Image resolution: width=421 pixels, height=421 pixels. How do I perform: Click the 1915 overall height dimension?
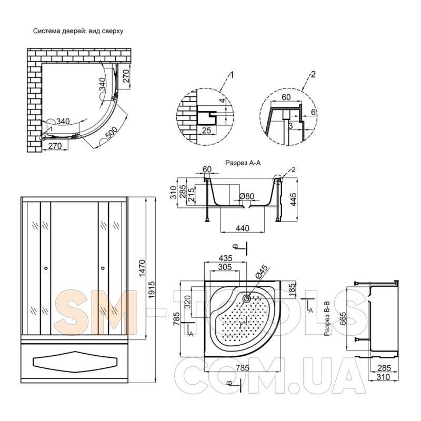[x=152, y=290]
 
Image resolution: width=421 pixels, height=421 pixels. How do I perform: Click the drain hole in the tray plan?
[x=246, y=298]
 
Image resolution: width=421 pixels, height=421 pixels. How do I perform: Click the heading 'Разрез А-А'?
[x=243, y=163]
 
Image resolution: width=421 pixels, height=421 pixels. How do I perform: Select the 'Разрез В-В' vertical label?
[x=327, y=319]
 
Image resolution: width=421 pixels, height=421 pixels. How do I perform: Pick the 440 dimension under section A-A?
[x=243, y=228]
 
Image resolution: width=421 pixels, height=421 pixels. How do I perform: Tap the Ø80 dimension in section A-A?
[x=246, y=196]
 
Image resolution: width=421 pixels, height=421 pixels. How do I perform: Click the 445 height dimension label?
[x=293, y=199]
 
